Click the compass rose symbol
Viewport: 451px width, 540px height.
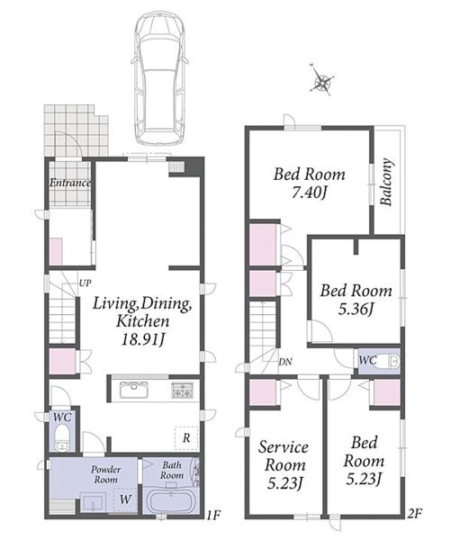tap(322, 80)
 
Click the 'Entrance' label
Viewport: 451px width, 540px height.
tap(70, 183)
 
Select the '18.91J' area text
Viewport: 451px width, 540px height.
tap(142, 339)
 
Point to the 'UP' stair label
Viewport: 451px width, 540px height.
tap(86, 283)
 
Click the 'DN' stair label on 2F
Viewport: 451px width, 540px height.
tap(285, 362)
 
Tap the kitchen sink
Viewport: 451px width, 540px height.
tap(134, 391)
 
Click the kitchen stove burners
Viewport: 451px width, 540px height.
tap(183, 391)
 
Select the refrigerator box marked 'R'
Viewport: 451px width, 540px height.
tap(186, 437)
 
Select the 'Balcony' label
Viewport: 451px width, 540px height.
tap(386, 182)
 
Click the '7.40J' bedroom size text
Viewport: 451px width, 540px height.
tap(309, 193)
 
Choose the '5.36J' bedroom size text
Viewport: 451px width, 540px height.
tap(356, 310)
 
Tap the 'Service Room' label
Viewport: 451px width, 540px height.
tap(284, 456)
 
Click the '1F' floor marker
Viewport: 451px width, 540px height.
tap(213, 515)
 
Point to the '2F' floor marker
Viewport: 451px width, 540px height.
tap(414, 514)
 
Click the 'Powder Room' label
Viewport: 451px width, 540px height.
tap(105, 474)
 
